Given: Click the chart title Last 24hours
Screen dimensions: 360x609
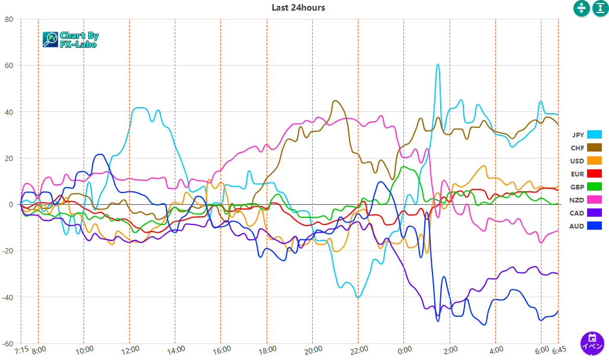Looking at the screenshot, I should coord(298,8).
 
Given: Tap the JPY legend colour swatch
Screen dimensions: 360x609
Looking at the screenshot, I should coord(594,134).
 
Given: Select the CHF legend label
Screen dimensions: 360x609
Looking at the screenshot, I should coord(577,147).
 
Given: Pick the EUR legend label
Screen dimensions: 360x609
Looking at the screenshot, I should coord(577,173).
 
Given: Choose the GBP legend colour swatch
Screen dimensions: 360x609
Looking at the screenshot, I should coord(594,187).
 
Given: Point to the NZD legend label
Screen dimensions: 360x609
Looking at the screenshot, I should coord(577,200).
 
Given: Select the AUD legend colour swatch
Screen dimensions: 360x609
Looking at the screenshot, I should coord(594,226).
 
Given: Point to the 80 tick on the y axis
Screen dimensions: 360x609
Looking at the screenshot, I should coord(8,19).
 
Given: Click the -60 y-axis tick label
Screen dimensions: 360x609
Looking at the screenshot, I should coord(7,343).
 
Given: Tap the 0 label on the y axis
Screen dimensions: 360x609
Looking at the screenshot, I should coord(10,204).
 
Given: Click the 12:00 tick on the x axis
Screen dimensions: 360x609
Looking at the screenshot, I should coord(130,349).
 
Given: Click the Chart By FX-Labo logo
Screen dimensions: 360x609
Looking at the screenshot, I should coord(70,40).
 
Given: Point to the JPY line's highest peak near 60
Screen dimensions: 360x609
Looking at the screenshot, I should coord(438,65).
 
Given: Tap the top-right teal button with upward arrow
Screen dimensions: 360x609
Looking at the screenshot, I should coord(600,8).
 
